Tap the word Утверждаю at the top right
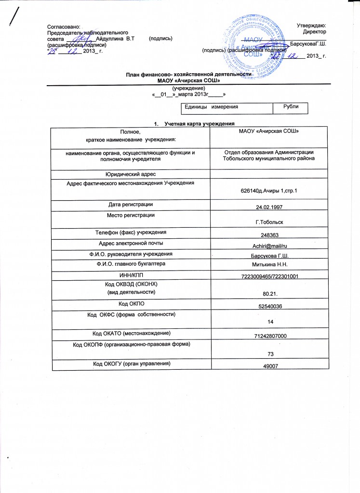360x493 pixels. pos(312,25)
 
